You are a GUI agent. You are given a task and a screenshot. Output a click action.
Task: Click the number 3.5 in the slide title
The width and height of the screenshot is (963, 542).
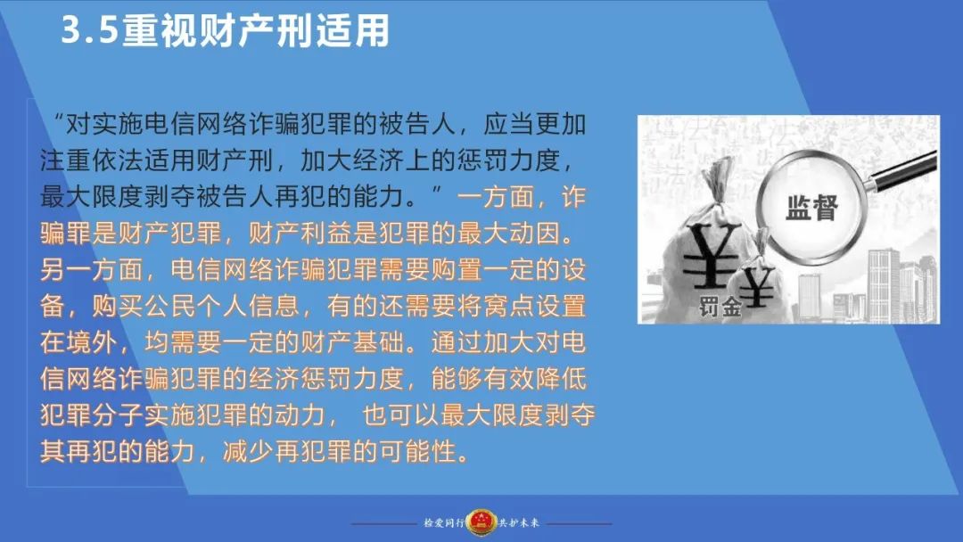(x=89, y=30)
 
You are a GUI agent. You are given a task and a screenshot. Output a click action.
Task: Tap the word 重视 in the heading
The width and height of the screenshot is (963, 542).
(x=159, y=30)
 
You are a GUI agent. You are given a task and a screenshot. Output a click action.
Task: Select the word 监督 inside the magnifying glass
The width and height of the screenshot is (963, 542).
(x=812, y=208)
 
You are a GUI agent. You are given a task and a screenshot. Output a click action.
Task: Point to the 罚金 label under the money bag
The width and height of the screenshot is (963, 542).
(x=720, y=307)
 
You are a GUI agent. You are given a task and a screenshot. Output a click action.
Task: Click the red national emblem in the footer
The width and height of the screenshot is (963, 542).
(x=481, y=523)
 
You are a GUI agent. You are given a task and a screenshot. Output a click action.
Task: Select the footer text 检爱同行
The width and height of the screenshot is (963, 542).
(x=443, y=523)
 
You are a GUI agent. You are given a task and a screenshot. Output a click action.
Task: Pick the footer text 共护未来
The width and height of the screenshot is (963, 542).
(x=518, y=523)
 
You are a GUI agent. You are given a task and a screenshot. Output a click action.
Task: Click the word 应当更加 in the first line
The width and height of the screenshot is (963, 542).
(x=534, y=125)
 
